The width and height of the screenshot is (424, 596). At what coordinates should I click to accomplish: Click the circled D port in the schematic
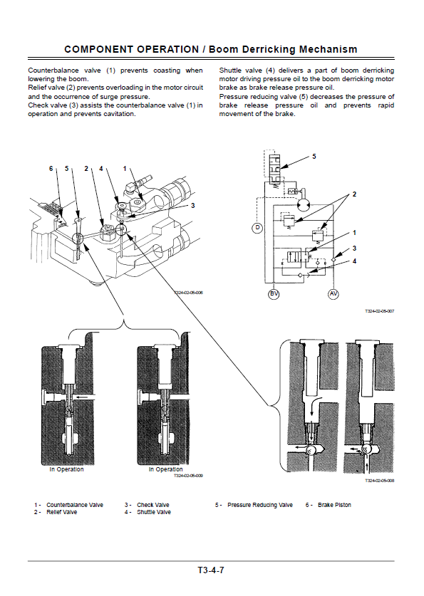click(x=257, y=228)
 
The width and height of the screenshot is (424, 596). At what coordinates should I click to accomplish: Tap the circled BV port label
click(x=274, y=294)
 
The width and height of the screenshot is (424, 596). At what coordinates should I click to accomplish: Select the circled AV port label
click(x=333, y=294)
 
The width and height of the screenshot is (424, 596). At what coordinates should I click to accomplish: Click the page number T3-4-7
click(x=211, y=570)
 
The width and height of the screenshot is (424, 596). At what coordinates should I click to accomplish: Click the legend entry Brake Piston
click(x=335, y=505)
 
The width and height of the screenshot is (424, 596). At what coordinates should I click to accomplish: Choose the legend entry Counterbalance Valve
click(x=75, y=505)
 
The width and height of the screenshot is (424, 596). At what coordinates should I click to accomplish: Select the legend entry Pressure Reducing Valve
click(x=260, y=505)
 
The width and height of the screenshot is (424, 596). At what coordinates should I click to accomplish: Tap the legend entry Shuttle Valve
click(x=154, y=512)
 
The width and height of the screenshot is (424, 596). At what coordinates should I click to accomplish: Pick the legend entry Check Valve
click(x=153, y=505)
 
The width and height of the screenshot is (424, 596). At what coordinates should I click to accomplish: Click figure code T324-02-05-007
click(x=380, y=311)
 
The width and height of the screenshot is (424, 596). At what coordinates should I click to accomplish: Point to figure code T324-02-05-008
click(x=380, y=481)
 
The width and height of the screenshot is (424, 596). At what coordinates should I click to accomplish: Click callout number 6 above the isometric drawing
click(x=51, y=168)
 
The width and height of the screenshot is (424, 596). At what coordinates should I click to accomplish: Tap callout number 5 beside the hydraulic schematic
click(x=314, y=156)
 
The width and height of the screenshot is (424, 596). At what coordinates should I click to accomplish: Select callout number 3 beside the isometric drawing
click(x=193, y=206)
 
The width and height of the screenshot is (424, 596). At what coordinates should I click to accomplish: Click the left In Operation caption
click(x=66, y=469)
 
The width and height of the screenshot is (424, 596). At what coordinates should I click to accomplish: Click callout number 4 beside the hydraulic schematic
click(x=354, y=261)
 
